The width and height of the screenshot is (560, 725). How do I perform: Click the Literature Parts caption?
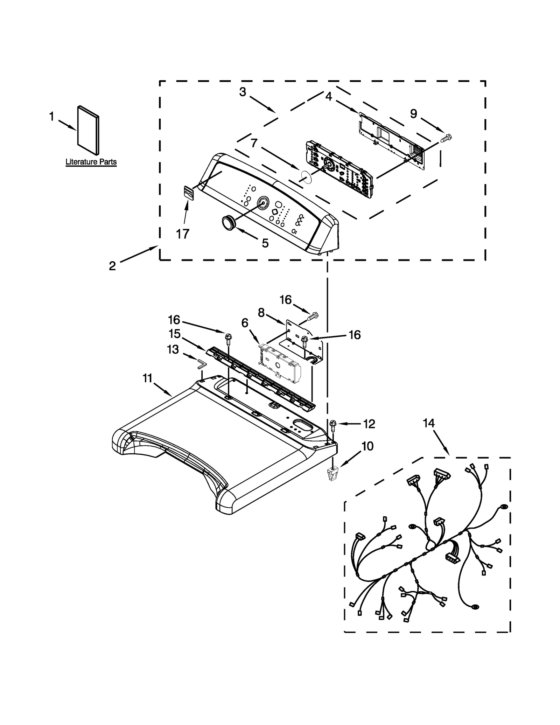[91, 162]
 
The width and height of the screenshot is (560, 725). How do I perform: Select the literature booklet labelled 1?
[88, 130]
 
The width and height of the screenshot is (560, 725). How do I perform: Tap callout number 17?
[182, 233]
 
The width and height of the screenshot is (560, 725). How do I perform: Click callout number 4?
[328, 96]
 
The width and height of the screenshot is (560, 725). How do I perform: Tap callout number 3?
[243, 92]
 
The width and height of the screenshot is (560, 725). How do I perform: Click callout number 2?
[112, 266]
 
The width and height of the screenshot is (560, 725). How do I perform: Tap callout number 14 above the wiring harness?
[428, 423]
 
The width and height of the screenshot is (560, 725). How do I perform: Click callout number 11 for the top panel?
[147, 378]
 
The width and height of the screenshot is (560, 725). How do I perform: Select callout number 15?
[174, 334]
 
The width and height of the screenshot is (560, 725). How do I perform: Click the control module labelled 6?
[280, 364]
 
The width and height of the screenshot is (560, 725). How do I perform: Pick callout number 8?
[261, 313]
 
